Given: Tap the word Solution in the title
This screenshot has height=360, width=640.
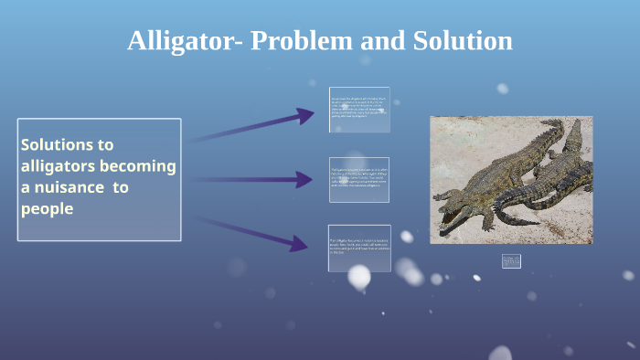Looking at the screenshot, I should [x=462, y=41].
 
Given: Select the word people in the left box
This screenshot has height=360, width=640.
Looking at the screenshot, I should [x=47, y=209].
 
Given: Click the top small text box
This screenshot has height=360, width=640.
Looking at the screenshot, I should [x=359, y=110].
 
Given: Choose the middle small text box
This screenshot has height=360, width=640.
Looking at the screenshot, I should [x=359, y=179].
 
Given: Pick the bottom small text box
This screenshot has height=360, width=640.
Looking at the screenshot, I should [x=359, y=248].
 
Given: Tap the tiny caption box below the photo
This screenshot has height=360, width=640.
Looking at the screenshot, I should [x=511, y=261].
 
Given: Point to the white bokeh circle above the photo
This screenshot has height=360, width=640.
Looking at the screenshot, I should [x=502, y=89].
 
